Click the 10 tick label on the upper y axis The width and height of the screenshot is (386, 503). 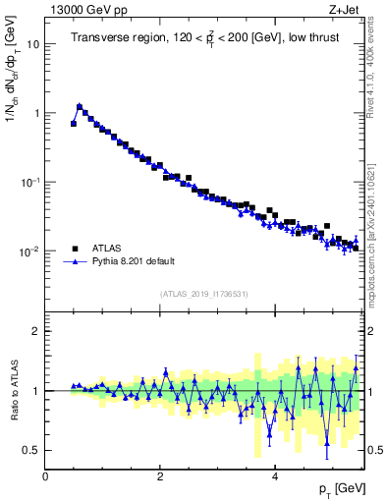click(33, 44)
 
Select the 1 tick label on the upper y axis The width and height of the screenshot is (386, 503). click(36, 113)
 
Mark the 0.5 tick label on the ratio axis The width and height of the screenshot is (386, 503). click(31, 450)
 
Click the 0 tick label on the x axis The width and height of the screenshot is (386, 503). click(45, 476)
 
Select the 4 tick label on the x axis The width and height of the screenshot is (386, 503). click(274, 476)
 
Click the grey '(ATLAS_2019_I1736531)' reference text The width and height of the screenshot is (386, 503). click(203, 295)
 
